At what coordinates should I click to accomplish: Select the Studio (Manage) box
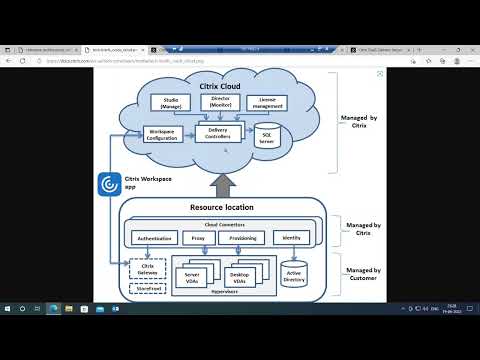point(170,102)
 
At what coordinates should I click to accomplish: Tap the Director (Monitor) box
point(221,102)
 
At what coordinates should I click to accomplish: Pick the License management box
point(267,102)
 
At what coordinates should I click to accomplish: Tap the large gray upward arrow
point(222,181)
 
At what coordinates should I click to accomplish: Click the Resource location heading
point(222,207)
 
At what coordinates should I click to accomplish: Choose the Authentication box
point(154,238)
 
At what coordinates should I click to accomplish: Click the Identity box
point(292,238)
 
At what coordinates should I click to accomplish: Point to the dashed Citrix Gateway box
point(147,267)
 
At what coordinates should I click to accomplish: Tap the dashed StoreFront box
point(147,289)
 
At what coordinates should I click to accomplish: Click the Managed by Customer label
point(361,273)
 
